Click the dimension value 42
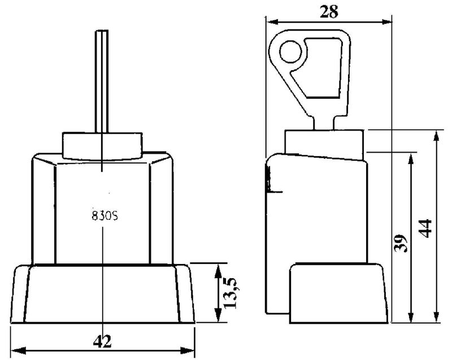102,342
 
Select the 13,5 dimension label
231,293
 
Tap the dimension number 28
329,12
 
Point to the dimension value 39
401,243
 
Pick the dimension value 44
425,228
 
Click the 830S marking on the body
105,216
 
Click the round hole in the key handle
290,52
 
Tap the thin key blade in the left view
102,81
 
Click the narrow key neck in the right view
323,123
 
